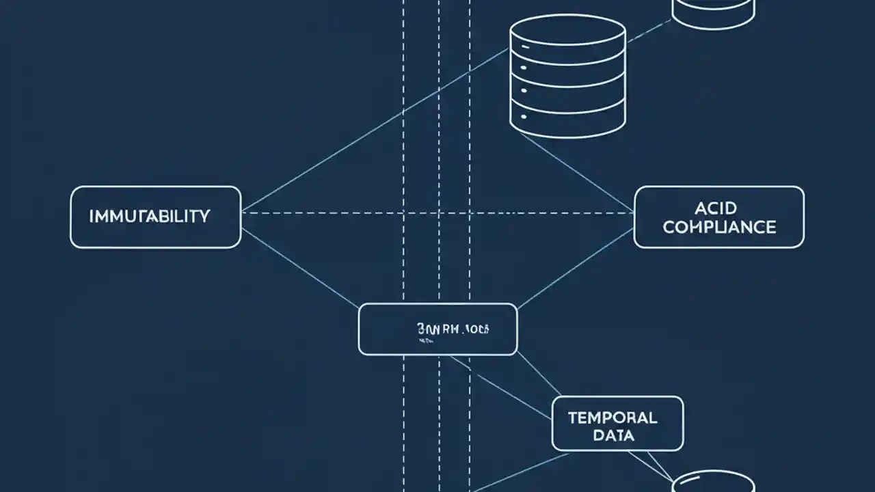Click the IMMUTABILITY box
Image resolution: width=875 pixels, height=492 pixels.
tap(156, 217)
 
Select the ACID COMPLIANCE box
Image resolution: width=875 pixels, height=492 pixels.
tap(719, 217)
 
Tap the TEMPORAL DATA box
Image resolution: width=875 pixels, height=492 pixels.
tap(617, 424)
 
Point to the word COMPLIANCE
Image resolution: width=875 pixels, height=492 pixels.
tap(719, 227)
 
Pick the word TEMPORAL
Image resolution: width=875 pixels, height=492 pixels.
tap(612, 417)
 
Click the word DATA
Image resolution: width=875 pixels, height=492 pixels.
tap(613, 435)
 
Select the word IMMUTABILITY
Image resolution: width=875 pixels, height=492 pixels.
tap(150, 217)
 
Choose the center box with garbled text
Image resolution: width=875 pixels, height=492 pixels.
tap(437, 329)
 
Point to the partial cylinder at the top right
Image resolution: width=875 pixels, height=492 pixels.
tap(714, 12)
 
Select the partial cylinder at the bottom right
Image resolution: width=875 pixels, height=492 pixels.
tap(714, 482)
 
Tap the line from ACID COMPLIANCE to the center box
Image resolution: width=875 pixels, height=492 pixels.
tap(574, 269)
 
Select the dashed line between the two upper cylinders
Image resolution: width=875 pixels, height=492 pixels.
tap(649, 30)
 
